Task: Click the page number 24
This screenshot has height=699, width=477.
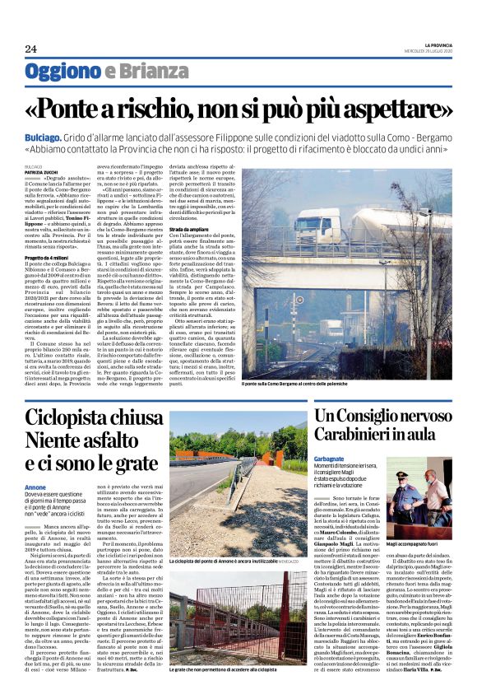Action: pos(31,49)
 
